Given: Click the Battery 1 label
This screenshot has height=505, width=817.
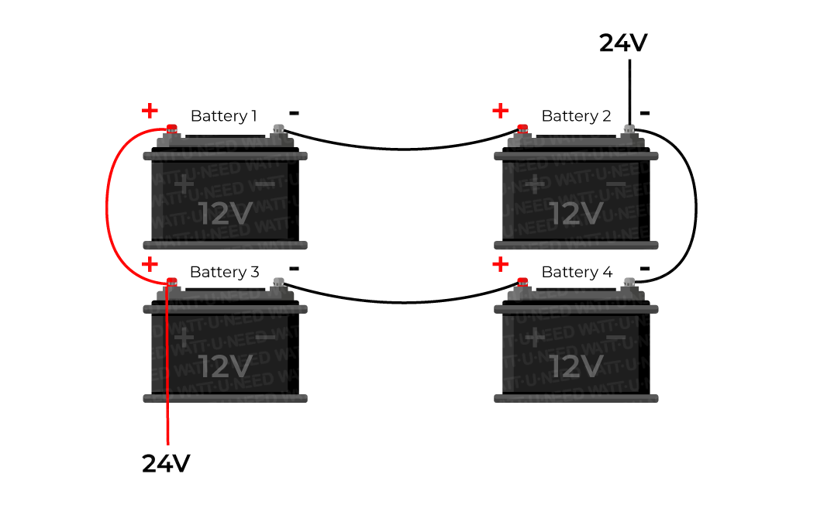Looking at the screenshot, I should pyautogui.click(x=223, y=116).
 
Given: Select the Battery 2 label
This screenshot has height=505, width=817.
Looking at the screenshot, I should pyautogui.click(x=575, y=116).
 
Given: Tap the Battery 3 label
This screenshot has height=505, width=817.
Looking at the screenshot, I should pyautogui.click(x=224, y=272).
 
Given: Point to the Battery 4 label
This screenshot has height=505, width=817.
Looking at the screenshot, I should pyautogui.click(x=576, y=272).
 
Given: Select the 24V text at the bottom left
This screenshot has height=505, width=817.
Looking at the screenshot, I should pyautogui.click(x=166, y=463).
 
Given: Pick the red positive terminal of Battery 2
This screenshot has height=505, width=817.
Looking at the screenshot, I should pyautogui.click(x=523, y=129).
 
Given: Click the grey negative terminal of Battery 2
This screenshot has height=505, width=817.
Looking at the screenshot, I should pyautogui.click(x=629, y=129).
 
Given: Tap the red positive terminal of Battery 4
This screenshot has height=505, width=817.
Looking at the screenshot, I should pyautogui.click(x=523, y=282).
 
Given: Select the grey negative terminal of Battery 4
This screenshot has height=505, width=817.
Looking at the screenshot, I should pyautogui.click(x=629, y=282).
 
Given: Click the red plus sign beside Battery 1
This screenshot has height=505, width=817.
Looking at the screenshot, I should pyautogui.click(x=150, y=111).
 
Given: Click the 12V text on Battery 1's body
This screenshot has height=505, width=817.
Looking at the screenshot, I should pyautogui.click(x=225, y=213).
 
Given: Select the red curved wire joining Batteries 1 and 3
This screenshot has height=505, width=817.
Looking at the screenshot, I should pyautogui.click(x=107, y=205).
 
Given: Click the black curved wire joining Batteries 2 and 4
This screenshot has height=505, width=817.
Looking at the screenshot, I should pyautogui.click(x=695, y=205).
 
